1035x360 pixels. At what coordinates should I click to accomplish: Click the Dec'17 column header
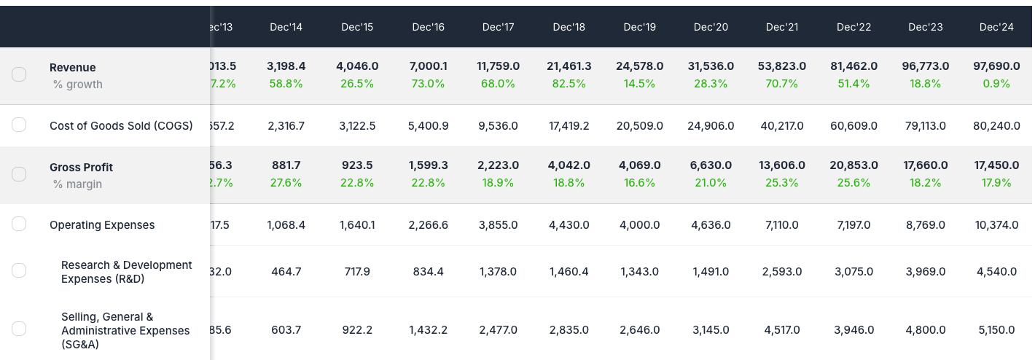point(498,27)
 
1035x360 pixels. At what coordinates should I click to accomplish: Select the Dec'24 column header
point(996,27)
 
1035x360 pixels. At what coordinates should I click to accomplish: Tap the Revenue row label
point(73,68)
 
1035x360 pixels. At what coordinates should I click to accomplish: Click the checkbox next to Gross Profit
point(19,174)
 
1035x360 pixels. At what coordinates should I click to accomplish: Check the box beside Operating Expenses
point(19,224)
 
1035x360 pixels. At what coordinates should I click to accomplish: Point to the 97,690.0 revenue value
point(996,66)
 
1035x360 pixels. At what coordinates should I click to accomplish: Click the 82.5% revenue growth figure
point(569,84)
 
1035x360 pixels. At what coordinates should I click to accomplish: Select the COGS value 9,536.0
point(498,126)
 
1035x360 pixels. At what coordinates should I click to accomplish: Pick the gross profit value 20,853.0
point(854,166)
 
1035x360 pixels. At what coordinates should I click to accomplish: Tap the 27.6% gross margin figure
point(286,183)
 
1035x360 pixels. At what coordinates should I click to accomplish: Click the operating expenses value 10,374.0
point(996,225)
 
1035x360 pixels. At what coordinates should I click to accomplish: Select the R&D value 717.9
point(356,272)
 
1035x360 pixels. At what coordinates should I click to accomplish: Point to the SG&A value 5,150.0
point(996,330)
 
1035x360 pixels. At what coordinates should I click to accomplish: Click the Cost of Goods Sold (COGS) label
point(121,126)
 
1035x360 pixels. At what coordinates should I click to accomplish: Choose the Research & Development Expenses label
point(126,272)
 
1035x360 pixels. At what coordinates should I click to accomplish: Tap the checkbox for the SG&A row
point(19,329)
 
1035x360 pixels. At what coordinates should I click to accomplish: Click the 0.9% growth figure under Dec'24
point(996,84)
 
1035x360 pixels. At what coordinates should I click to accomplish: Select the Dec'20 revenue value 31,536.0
point(711,66)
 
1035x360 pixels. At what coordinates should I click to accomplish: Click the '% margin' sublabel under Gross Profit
point(77,184)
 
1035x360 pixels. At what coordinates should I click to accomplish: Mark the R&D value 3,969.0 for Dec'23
point(925,272)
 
